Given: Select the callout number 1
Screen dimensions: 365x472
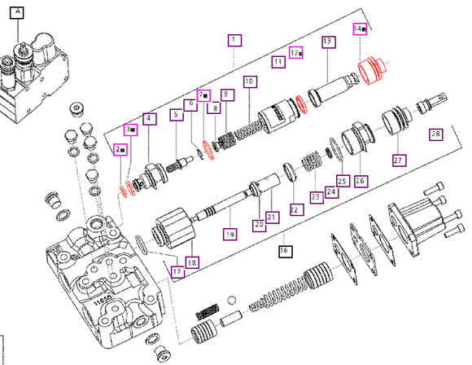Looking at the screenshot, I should coord(233,39).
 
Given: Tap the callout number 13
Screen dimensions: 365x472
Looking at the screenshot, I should coord(328,41).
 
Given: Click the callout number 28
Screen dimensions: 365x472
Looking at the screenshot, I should coord(435,134).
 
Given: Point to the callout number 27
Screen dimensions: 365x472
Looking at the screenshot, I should coord(398,160).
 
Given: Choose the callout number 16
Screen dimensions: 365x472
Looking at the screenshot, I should coord(284,249).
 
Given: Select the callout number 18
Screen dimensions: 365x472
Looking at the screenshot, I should coord(191,262).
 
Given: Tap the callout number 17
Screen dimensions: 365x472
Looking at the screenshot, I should coord(176,271).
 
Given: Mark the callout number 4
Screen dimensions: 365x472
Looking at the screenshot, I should coord(149,118).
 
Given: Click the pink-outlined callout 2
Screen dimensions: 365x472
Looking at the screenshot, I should coord(120,150).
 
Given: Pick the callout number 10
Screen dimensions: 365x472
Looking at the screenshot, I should coord(249,81).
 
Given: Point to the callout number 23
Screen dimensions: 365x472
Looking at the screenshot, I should coord(315,196).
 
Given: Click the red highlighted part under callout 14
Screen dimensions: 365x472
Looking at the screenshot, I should coord(374,70).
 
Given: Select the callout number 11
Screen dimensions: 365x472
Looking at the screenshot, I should coord(278,60).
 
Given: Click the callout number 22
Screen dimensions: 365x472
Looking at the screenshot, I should coord(295,209).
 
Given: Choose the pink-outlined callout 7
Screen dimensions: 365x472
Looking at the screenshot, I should coord(203,95).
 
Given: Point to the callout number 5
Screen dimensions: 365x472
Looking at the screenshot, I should coord(176,116).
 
